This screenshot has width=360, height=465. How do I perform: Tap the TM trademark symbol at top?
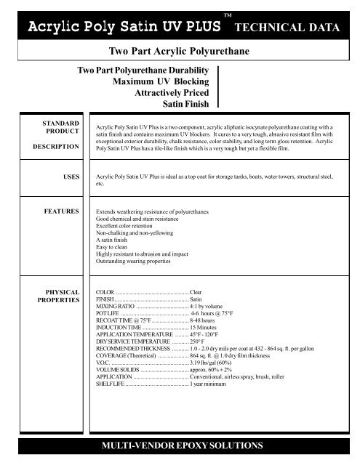coord(228,15)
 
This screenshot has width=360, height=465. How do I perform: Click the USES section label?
coord(65,176)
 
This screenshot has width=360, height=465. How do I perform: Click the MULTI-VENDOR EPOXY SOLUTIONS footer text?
coord(180,444)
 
